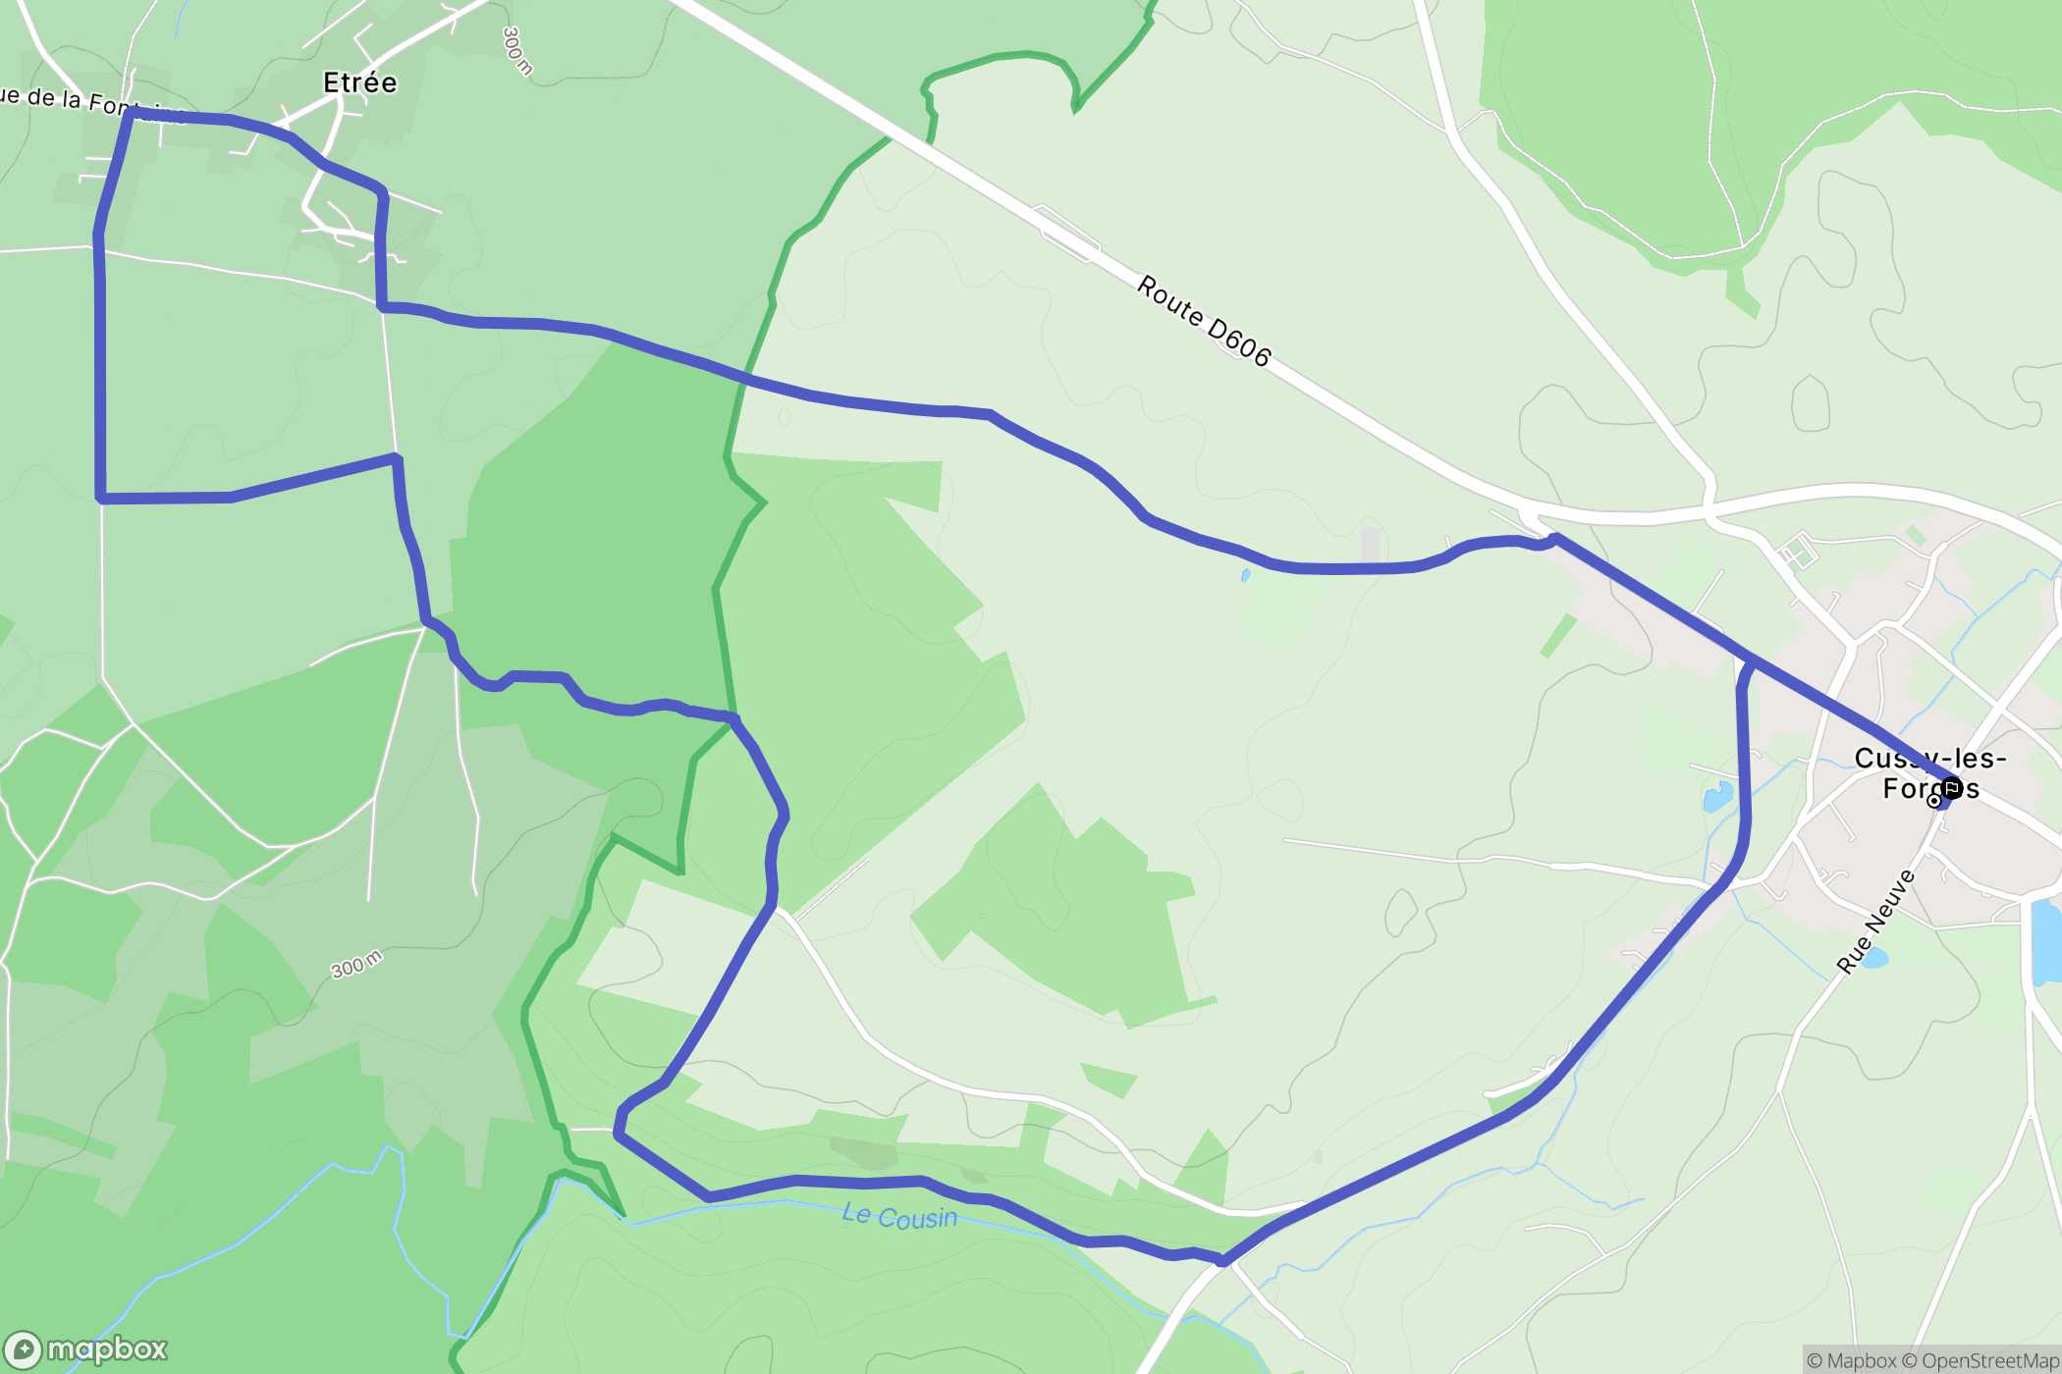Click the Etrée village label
(x=360, y=82)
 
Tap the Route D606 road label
(x=1204, y=320)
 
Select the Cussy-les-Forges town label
(x=1929, y=772)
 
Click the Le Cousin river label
(x=899, y=1216)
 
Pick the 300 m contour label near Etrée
(x=516, y=51)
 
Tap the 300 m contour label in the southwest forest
(x=355, y=964)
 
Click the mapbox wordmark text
(x=107, y=1349)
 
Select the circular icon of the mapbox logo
(x=23, y=1350)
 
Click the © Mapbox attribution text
(x=1851, y=1360)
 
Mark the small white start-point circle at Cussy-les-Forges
(x=1934, y=801)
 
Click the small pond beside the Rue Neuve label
(x=1873, y=958)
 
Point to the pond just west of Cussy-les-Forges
(x=1717, y=797)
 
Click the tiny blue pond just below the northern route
(x=1245, y=575)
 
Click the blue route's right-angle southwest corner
(x=100, y=499)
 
